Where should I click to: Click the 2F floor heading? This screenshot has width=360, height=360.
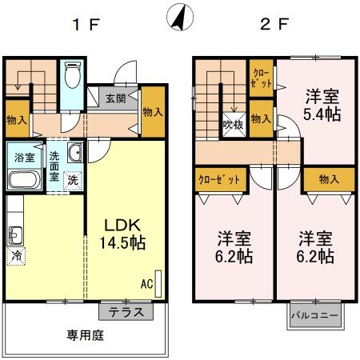pos(274,23)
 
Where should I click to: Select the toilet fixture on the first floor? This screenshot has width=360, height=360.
pos(72,76)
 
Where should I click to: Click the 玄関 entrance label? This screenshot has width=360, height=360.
pos(115,99)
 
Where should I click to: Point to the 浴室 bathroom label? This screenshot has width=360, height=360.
pos(21,157)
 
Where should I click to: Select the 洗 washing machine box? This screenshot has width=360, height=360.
pos(72,179)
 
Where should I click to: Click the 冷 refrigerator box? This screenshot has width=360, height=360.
pos(16,256)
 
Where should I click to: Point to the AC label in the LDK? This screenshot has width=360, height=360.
pos(147,283)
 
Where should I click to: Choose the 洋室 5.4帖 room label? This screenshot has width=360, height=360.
pos(322,104)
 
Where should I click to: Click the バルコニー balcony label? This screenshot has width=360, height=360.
pos(314,314)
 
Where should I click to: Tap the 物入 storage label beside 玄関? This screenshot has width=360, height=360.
pos(153,111)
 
